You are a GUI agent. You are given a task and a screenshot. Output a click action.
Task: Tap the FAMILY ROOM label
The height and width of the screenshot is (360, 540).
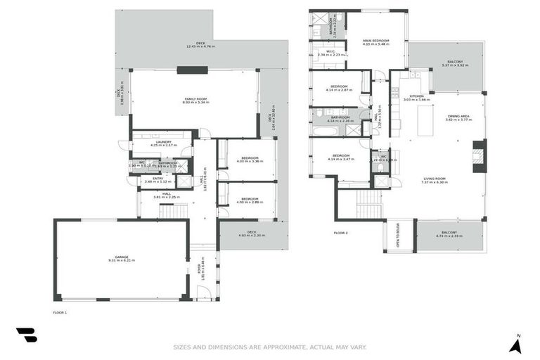click(x=194, y=100)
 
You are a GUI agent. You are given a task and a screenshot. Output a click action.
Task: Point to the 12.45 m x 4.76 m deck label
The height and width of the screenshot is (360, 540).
click(x=200, y=45)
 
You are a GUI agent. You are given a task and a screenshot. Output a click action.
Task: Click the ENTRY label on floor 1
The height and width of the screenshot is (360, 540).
click(x=158, y=179)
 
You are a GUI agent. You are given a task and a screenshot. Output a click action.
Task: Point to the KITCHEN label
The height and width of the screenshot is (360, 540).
click(x=417, y=97)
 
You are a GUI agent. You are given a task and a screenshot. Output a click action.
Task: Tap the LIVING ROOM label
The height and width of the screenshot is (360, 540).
click(x=436, y=180)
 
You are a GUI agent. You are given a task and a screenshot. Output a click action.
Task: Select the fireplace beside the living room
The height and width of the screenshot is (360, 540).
click(x=479, y=156)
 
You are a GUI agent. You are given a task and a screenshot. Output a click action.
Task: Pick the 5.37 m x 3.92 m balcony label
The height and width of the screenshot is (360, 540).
click(x=454, y=63)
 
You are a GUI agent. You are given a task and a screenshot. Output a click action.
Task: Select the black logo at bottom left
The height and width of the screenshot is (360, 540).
click(x=27, y=335)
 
